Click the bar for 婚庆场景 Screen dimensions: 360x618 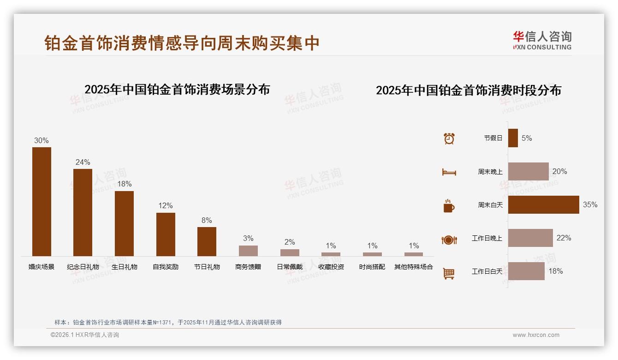click(x=42, y=201)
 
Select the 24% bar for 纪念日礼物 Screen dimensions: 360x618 click(x=83, y=212)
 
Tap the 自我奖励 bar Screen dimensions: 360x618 click(x=166, y=234)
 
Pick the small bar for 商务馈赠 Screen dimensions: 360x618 click(x=248, y=251)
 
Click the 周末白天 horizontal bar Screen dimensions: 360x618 click(x=543, y=204)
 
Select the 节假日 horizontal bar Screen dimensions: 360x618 click(x=513, y=138)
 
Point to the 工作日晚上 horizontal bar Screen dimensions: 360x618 click(x=530, y=238)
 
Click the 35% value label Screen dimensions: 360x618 click(x=590, y=204)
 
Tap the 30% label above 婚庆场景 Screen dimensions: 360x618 click(x=42, y=140)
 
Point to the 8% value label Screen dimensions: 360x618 click(x=207, y=220)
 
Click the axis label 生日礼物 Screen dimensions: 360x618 click(x=125, y=267)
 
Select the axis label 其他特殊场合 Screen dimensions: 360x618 click(x=414, y=267)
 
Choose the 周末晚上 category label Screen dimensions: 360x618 click(x=490, y=171)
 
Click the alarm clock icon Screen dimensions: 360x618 click(x=449, y=138)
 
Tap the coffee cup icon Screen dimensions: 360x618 click(x=449, y=206)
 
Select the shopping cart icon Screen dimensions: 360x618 click(x=449, y=273)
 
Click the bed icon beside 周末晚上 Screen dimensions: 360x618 click(x=449, y=172)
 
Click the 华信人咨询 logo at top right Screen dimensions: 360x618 click(x=542, y=40)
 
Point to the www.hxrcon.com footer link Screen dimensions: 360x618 click(x=536, y=335)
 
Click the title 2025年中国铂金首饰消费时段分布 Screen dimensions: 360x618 click(x=469, y=90)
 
